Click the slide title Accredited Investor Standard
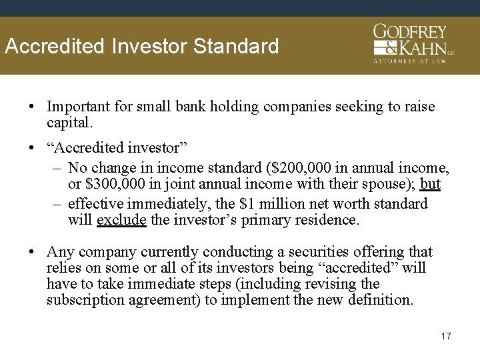[x=141, y=47]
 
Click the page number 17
[x=445, y=336]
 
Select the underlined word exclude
[x=121, y=219]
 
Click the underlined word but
[x=430, y=185]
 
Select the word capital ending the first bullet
[x=69, y=123]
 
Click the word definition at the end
[x=380, y=300]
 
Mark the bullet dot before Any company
[x=33, y=252]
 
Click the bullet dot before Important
[x=33, y=107]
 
